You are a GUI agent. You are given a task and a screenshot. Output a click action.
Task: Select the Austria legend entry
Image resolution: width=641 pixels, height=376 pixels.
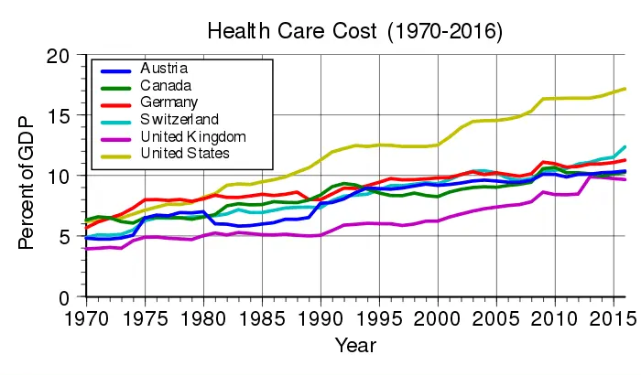164,69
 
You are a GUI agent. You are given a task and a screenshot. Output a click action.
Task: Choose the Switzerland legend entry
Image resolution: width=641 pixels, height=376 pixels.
179,119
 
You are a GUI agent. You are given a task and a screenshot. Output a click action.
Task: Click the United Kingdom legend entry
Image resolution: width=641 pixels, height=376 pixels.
194,135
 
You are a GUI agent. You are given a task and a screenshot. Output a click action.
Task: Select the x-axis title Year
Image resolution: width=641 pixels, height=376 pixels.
354,346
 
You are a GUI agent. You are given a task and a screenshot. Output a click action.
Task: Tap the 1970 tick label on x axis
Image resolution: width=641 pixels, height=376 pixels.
85,319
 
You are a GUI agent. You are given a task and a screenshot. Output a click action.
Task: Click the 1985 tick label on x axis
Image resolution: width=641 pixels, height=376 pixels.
263,319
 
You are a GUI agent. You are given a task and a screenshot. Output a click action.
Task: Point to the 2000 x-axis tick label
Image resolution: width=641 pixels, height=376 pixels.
440,319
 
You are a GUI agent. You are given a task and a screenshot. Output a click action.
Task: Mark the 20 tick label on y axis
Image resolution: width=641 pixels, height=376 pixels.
59,57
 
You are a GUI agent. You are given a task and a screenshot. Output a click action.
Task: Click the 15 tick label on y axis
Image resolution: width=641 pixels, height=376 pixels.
59,117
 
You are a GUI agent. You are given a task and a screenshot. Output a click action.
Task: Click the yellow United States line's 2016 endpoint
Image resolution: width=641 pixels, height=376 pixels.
625,89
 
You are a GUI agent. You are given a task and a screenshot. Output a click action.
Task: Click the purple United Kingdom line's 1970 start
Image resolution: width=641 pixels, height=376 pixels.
85,249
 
